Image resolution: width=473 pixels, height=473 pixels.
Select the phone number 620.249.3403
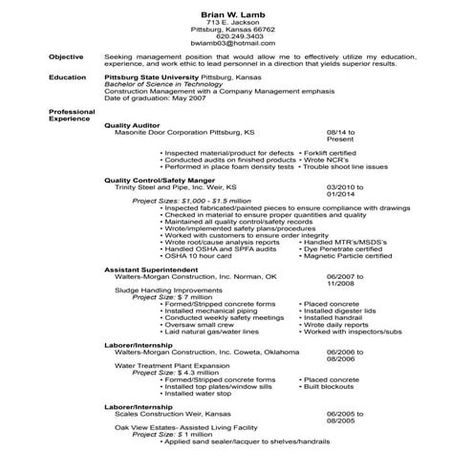click(x=236, y=35)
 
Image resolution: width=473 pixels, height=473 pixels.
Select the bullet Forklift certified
click(x=331, y=152)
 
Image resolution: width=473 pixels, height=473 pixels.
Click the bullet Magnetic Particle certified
click(x=348, y=256)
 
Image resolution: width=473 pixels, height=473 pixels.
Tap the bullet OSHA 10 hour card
click(x=198, y=256)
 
